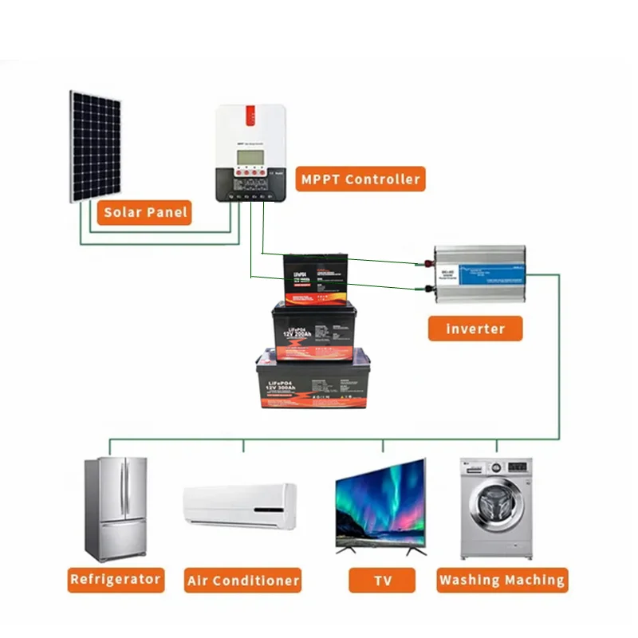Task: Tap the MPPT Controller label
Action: pos(360,179)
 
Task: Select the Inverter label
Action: pos(475,329)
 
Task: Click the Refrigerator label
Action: pos(116,579)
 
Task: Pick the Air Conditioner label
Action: pos(243,580)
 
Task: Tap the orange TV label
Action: pos(382,580)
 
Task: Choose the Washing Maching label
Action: pos(502,580)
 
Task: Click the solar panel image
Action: pos(95,147)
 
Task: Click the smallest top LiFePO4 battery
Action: pos(316,279)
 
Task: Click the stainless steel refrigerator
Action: pos(116,509)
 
